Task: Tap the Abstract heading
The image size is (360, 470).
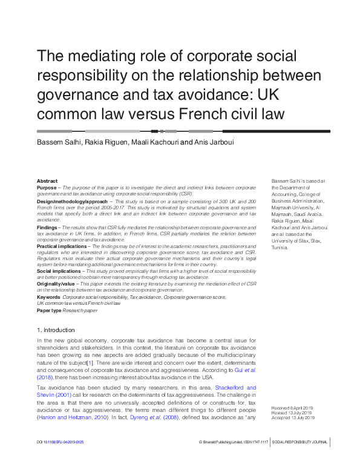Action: tap(47, 181)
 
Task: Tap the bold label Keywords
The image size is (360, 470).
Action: tap(48, 298)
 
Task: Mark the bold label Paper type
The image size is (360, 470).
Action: tap(49, 310)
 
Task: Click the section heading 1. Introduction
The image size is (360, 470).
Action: tap(56, 330)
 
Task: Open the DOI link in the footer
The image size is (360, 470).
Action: tap(61, 460)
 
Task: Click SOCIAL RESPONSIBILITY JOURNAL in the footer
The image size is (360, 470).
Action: tap(300, 460)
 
